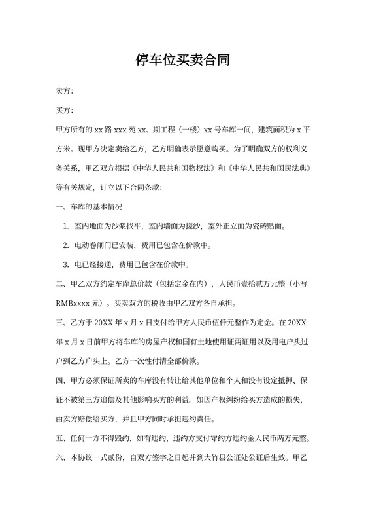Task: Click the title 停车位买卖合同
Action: (x=182, y=61)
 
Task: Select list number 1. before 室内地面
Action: (x=66, y=227)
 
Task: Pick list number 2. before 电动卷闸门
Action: (x=66, y=246)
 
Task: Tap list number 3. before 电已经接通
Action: (x=66, y=265)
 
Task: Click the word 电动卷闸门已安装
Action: (x=105, y=246)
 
